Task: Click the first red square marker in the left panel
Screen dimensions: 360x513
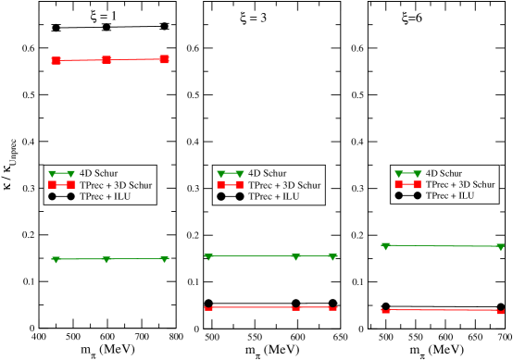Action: click(x=56, y=60)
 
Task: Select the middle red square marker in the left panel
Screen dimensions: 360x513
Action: click(x=106, y=59)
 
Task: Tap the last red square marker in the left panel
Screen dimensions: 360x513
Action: click(x=165, y=59)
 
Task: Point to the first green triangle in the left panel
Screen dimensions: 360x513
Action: click(x=56, y=260)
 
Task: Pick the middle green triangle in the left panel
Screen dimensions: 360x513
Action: click(x=107, y=260)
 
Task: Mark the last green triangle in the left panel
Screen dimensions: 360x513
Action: click(x=165, y=259)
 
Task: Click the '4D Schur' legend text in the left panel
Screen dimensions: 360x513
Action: click(x=98, y=173)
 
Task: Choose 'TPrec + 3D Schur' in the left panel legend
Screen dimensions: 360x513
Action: click(x=116, y=185)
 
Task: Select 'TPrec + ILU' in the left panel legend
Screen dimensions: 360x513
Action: click(x=105, y=196)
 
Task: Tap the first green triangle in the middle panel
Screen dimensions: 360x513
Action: click(x=208, y=256)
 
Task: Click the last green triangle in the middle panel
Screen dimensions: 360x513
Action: click(x=332, y=256)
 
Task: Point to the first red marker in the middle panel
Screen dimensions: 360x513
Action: click(x=208, y=307)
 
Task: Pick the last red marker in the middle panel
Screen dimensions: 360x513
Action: click(x=332, y=307)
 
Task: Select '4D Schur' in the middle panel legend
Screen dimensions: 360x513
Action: click(x=268, y=173)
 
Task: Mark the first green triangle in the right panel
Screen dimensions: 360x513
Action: click(x=385, y=246)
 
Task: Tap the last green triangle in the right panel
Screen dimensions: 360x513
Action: click(x=500, y=247)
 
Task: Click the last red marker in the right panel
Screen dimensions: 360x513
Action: click(x=500, y=311)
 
